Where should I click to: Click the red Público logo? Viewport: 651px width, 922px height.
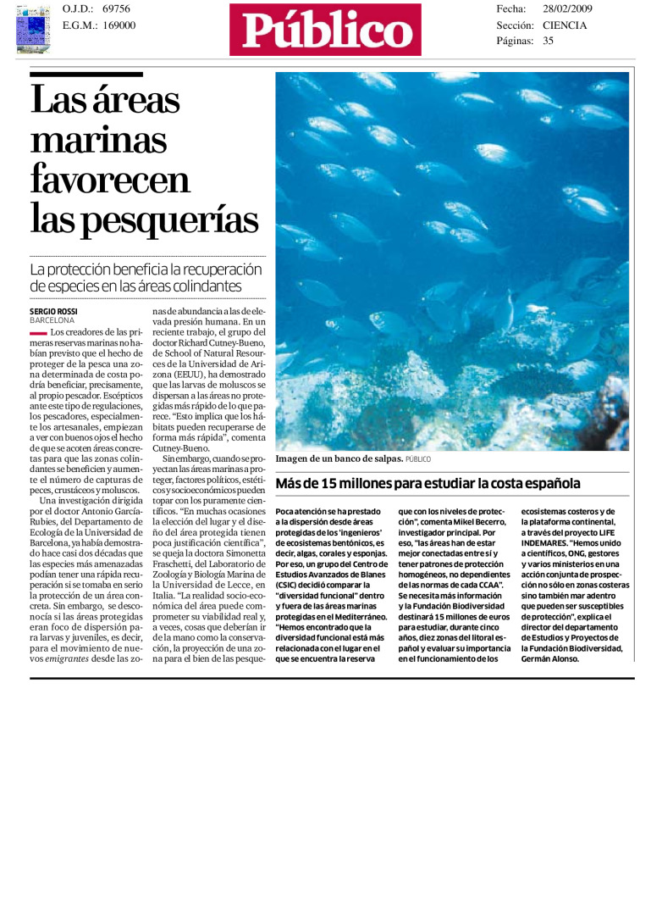click(x=325, y=30)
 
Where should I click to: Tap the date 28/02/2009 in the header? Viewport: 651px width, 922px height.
click(x=567, y=8)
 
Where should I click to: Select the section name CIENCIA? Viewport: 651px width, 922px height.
click(x=565, y=25)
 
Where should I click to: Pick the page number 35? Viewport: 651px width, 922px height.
click(x=549, y=40)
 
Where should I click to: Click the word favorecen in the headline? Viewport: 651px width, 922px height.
click(x=110, y=180)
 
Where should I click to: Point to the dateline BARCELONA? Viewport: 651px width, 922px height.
click(x=52, y=321)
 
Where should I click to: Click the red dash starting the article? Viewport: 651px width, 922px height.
click(x=38, y=333)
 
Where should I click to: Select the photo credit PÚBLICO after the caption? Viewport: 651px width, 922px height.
click(x=418, y=459)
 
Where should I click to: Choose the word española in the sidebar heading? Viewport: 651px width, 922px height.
click(x=549, y=484)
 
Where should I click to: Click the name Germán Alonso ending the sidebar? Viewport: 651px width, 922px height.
click(x=551, y=659)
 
